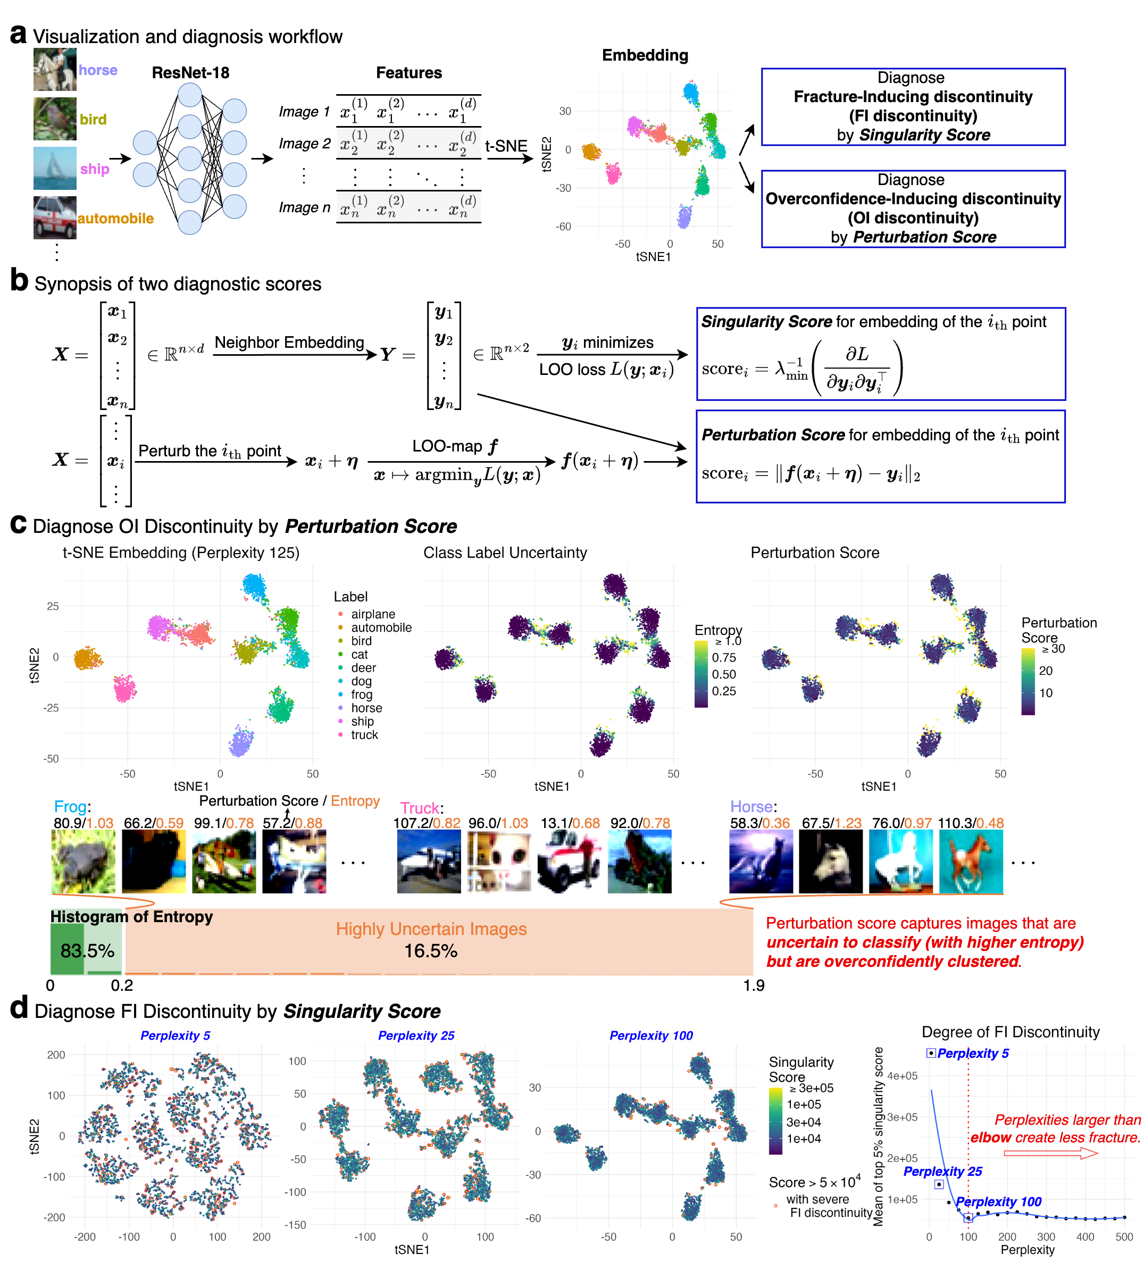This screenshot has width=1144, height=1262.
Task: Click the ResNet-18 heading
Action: tap(190, 73)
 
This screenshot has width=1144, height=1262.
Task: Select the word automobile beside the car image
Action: tap(116, 219)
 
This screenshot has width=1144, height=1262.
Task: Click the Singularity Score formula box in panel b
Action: tap(880, 354)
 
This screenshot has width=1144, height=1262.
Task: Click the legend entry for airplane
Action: tap(373, 614)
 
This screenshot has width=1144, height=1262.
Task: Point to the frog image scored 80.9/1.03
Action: tap(83, 862)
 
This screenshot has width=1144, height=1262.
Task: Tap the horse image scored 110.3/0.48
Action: tap(971, 862)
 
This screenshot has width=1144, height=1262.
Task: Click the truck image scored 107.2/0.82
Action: tap(428, 862)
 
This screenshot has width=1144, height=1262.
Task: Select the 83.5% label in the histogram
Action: tap(87, 951)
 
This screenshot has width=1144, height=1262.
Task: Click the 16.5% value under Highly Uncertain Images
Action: tap(430, 951)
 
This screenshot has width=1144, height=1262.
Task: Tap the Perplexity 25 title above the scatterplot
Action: tap(416, 1036)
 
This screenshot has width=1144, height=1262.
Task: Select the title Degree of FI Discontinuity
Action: tap(1010, 1032)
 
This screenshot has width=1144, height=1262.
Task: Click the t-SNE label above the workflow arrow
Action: tap(506, 146)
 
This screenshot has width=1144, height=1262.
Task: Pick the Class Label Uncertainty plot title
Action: tap(505, 553)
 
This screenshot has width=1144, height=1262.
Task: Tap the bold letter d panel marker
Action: tap(19, 1008)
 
